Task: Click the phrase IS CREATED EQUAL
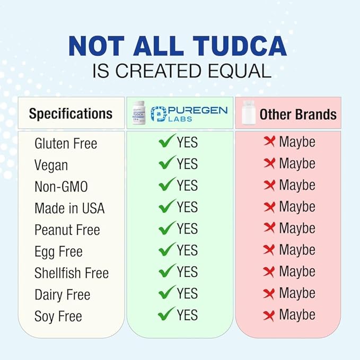coord(180,72)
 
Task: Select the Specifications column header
coord(71,113)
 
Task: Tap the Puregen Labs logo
coord(189,113)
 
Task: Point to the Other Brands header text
coord(297,114)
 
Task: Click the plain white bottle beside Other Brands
coord(247,113)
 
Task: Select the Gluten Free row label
coord(66,144)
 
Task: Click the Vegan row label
coord(51,165)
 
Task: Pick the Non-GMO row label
coord(61,187)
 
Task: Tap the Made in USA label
coord(69,208)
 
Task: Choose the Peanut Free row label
coord(67,230)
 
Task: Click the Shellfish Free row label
coord(72,273)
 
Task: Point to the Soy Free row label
coord(58,317)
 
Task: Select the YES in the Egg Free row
coord(187,250)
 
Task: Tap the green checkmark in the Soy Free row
coord(166,314)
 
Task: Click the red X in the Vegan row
coord(269,163)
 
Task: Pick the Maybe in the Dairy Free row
coord(297,293)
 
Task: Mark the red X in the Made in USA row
coord(269,207)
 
